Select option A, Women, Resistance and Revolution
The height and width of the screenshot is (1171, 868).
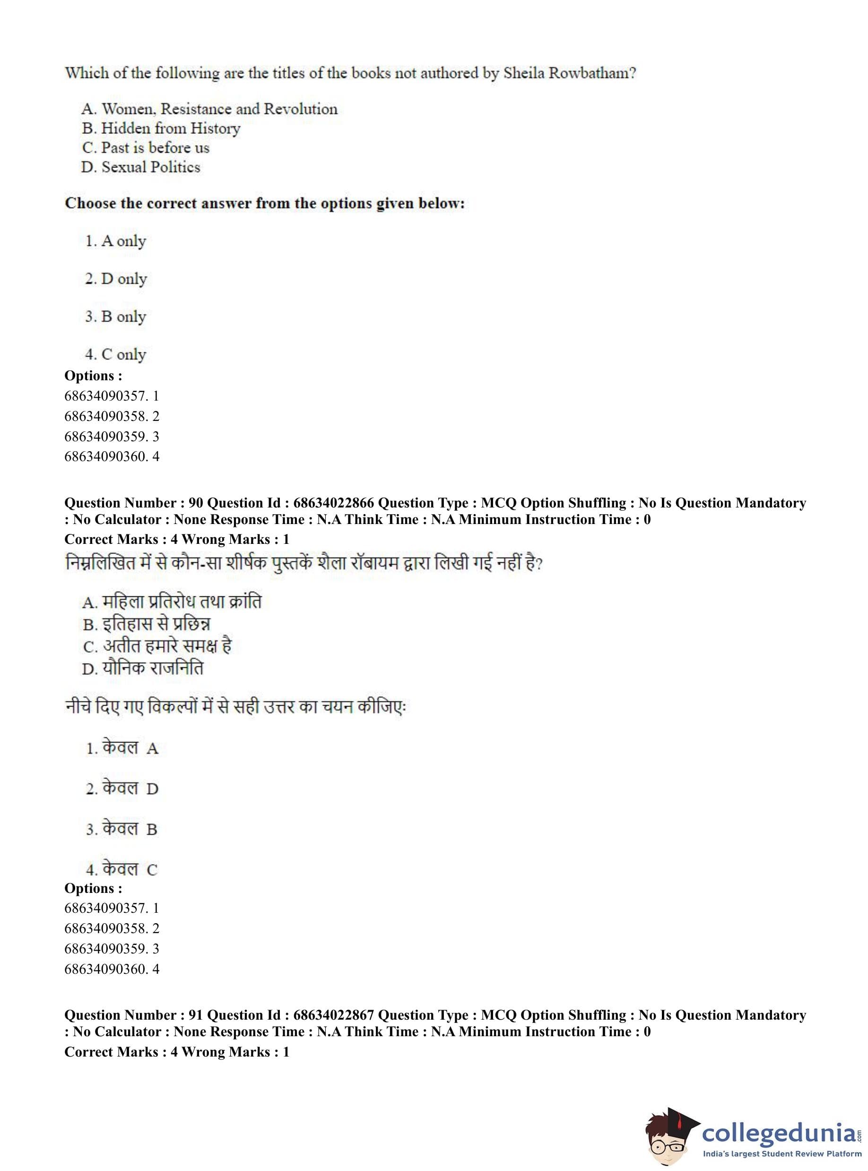(209, 109)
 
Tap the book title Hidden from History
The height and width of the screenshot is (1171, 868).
(161, 128)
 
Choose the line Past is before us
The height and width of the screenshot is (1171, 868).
(146, 148)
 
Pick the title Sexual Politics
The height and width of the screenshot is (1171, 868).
(141, 167)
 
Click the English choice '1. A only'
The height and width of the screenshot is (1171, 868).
(116, 241)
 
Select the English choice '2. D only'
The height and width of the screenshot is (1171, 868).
(116, 279)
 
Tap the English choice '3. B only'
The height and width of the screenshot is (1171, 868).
(116, 317)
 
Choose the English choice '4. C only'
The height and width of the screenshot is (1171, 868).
(116, 355)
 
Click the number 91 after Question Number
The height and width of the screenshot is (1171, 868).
(195, 1015)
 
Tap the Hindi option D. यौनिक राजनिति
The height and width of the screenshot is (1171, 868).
(142, 669)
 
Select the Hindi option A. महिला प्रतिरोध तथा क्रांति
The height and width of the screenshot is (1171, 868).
(171, 602)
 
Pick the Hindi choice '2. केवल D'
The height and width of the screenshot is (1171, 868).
(122, 788)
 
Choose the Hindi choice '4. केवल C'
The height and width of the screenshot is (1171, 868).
(122, 869)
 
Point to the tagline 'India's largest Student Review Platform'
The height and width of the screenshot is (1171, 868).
(782, 1154)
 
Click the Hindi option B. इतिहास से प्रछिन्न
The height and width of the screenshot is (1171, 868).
(146, 624)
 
